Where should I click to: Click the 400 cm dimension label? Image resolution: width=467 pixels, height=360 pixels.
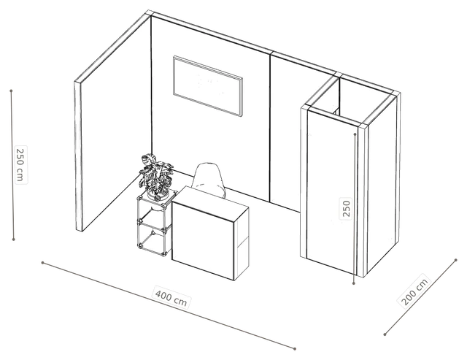tap(171, 298)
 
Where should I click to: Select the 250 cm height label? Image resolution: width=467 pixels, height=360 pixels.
tap(20, 165)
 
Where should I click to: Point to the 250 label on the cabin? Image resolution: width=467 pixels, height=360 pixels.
tap(346, 208)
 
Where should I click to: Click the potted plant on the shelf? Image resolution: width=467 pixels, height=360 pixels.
tap(155, 177)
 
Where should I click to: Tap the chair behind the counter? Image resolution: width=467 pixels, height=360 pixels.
tap(209, 179)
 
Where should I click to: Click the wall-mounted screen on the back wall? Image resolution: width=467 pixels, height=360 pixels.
tap(208, 86)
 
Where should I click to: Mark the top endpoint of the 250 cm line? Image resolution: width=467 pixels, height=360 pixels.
tap(12, 91)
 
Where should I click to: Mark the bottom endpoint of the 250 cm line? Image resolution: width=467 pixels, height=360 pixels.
tap(13, 239)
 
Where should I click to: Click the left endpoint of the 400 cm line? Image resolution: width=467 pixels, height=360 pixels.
tap(42, 263)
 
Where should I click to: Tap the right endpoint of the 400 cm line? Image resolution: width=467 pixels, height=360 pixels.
tap(295, 348)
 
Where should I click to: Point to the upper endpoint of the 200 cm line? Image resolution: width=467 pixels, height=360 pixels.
tap(456, 260)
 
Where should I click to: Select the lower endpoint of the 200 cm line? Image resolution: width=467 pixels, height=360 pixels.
tap(385, 334)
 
